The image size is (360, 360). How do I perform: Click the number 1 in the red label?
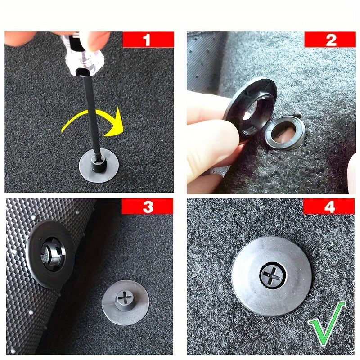tap(147, 40)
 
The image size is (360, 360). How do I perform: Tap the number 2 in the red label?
tap(331, 40)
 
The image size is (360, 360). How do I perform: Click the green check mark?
tap(326, 323)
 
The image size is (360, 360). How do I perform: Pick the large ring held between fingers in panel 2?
tap(249, 110)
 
